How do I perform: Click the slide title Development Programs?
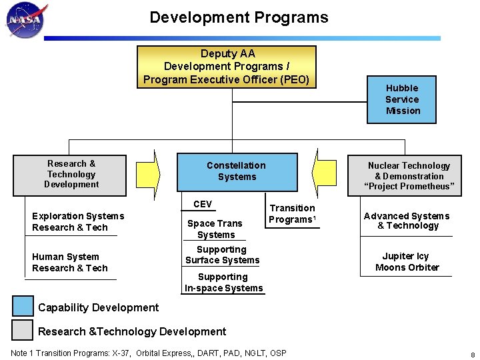coord(239,17)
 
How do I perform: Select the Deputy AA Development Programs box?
coord(227,67)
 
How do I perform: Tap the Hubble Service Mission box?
coord(402,99)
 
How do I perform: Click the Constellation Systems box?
coord(236,171)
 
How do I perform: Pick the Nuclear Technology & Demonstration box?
coord(409,175)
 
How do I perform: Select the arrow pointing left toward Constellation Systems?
coord(323,172)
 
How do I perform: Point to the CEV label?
coord(203,205)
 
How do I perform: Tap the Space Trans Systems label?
coord(215,229)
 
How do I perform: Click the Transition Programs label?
coord(292,214)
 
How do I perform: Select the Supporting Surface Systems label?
coord(222,255)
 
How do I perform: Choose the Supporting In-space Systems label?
coord(223,282)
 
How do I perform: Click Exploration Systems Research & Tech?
coord(77,221)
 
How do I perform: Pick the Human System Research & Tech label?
coord(69,262)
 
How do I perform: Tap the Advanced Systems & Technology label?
coord(407,221)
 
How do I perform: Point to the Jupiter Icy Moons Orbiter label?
coord(407,261)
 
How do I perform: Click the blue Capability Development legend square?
coord(23,306)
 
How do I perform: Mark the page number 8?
coord(472,354)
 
